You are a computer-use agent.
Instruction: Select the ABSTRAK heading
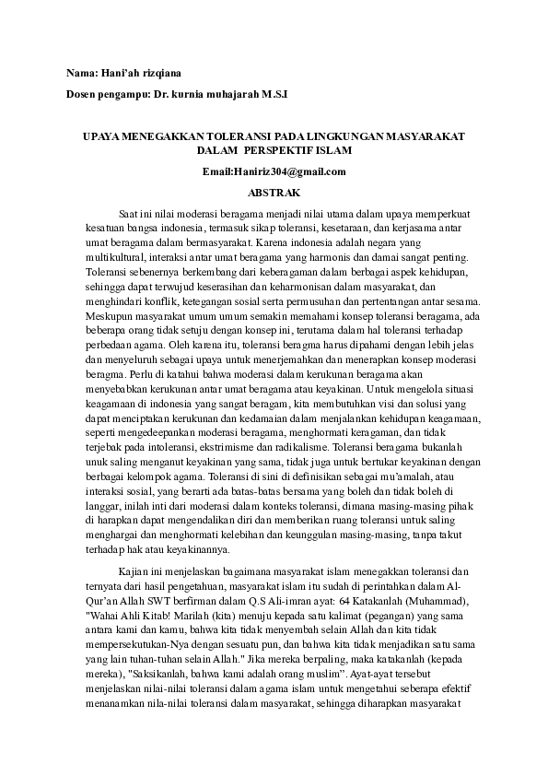pos(274,194)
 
